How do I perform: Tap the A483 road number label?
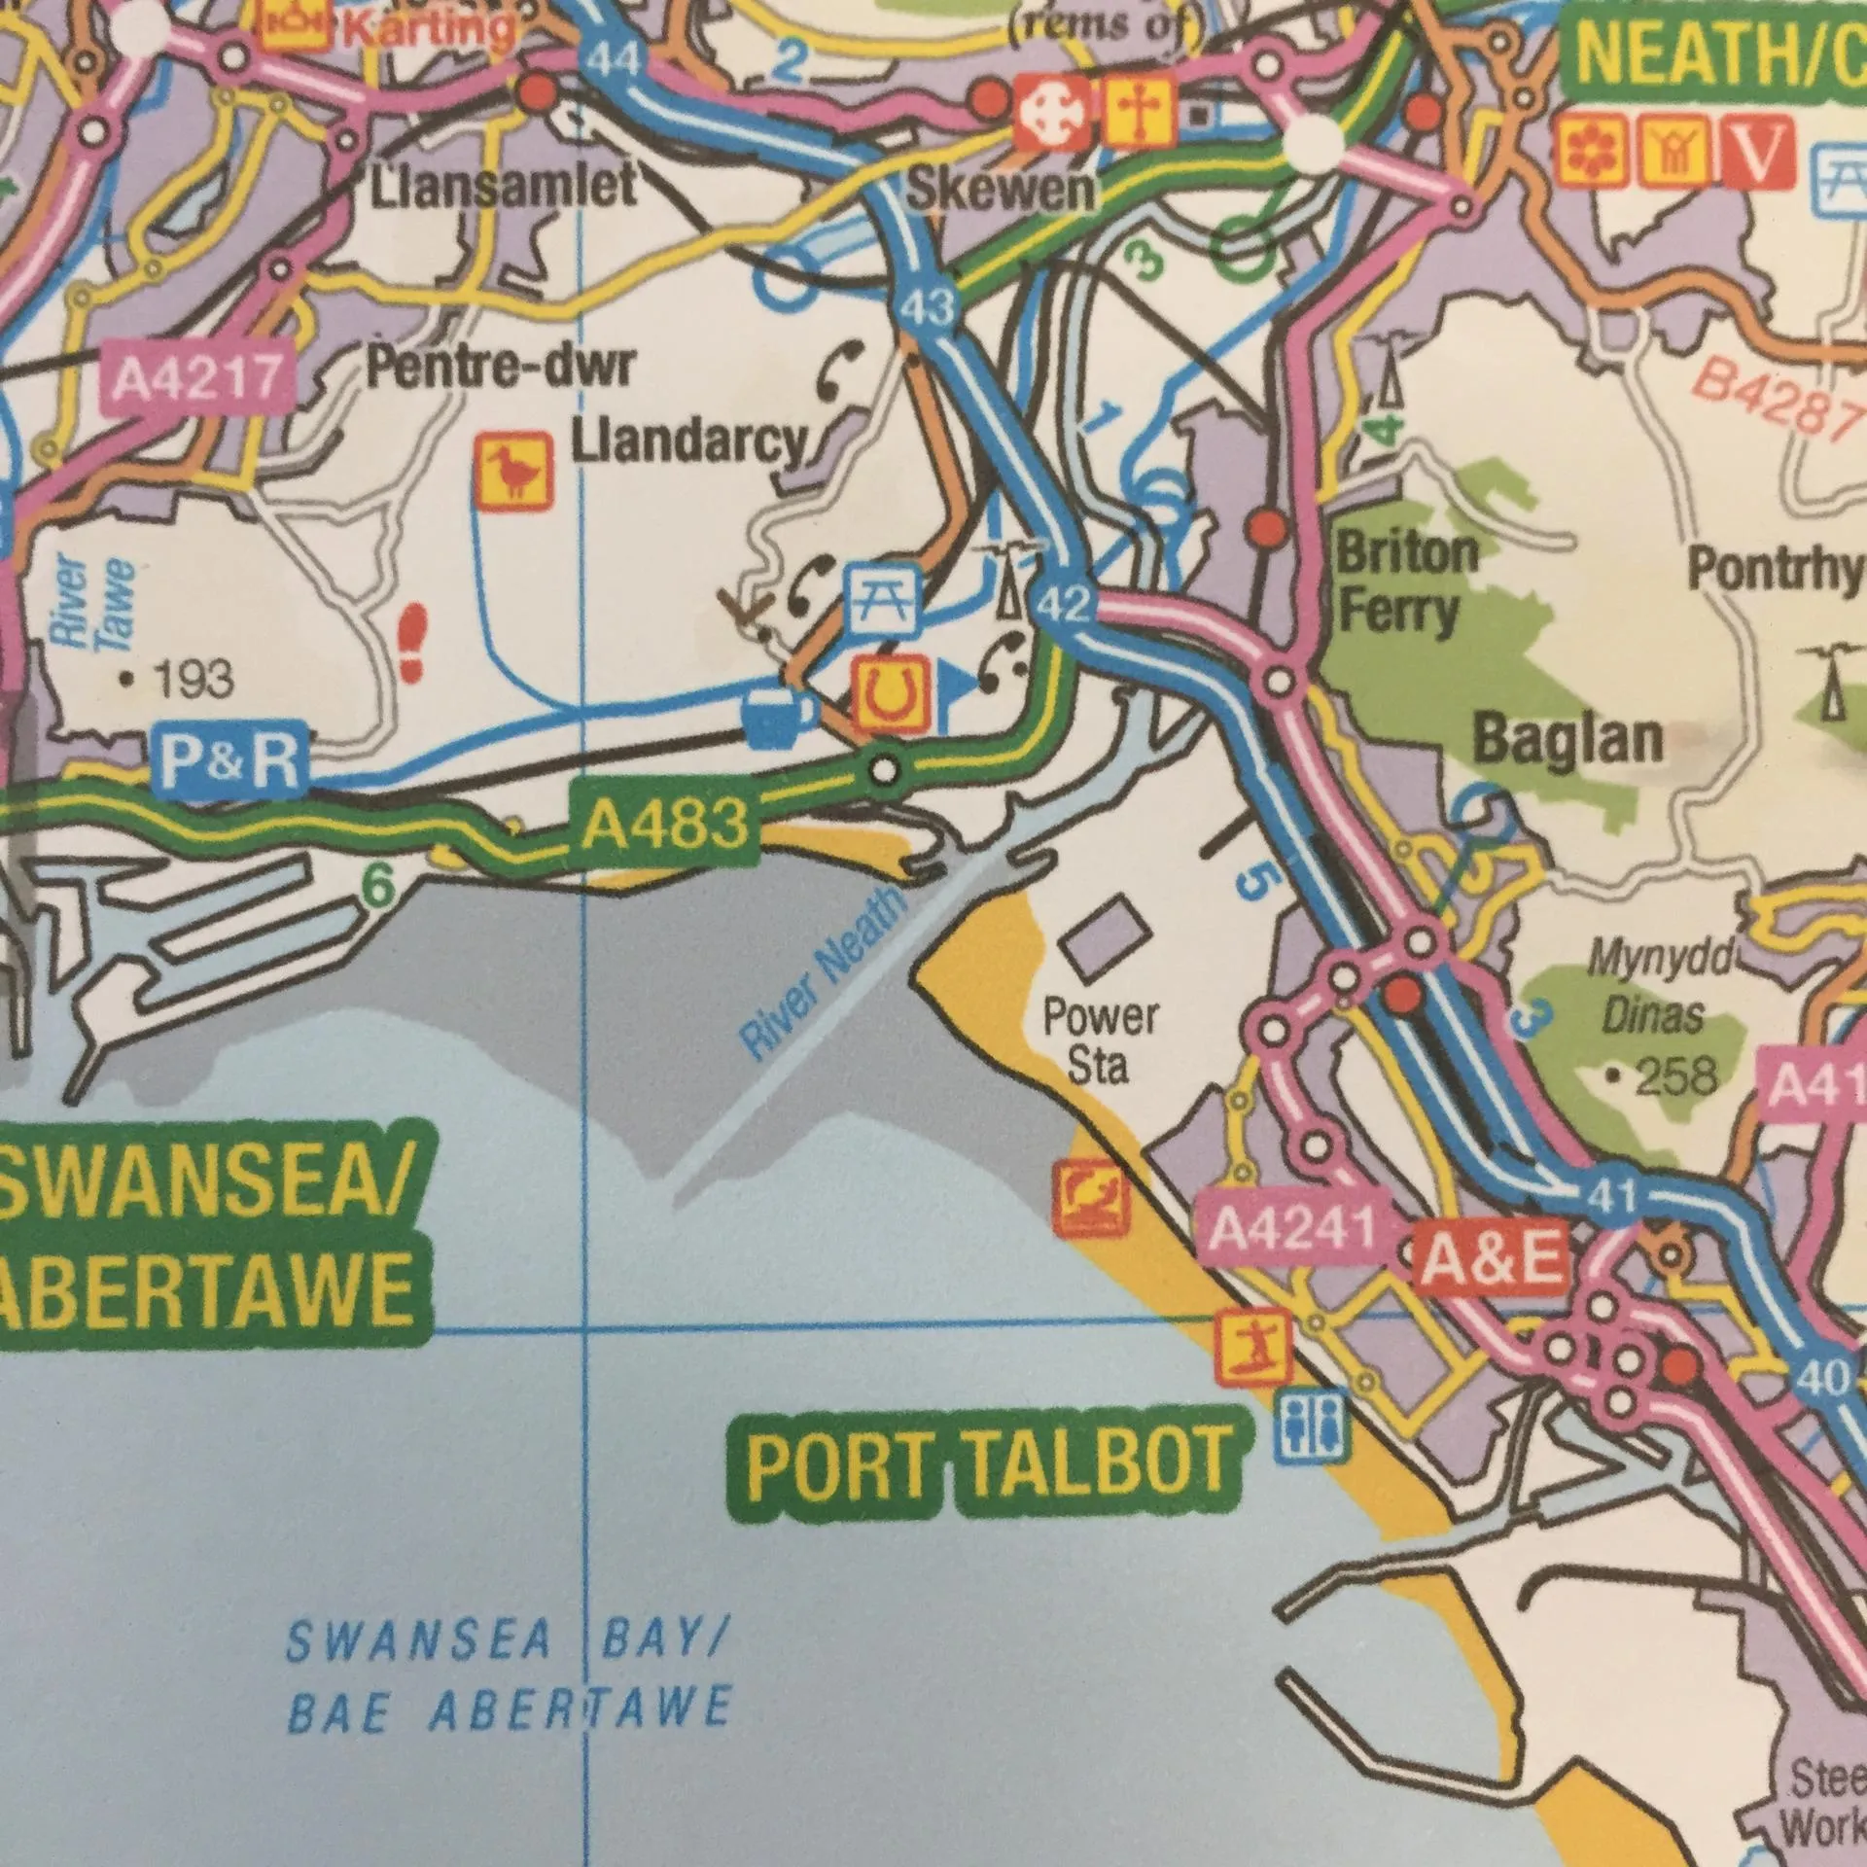coord(665,826)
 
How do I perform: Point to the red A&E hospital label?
coord(1496,1261)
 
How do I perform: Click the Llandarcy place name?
coord(688,443)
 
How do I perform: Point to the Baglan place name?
coord(1568,741)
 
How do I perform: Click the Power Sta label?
coord(1099,1039)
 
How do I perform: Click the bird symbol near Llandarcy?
coord(514,472)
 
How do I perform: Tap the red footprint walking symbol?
coord(414,641)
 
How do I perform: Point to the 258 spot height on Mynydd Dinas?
coord(1665,1077)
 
